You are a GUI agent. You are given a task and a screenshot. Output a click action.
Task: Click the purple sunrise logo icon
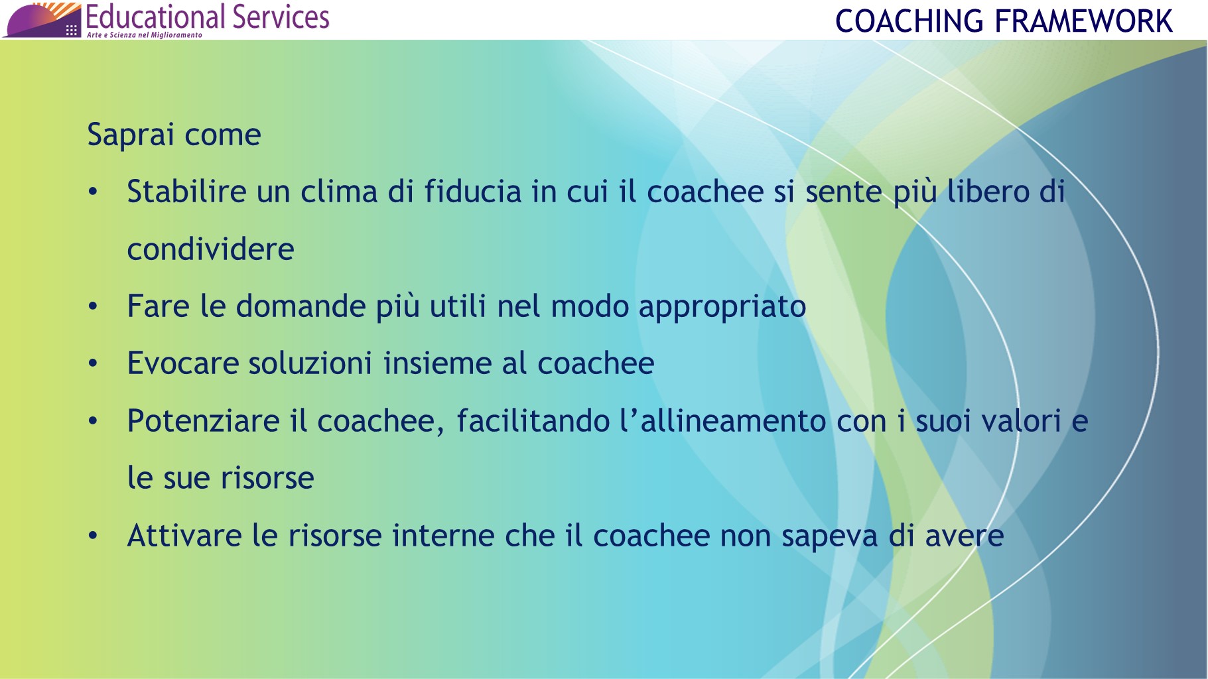click(x=42, y=21)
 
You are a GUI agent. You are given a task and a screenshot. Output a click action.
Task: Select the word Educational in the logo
click(x=155, y=17)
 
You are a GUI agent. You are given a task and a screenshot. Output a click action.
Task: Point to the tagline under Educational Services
click(x=144, y=35)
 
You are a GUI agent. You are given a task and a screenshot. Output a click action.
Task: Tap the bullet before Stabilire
click(x=93, y=192)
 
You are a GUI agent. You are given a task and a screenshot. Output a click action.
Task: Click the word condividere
click(x=210, y=249)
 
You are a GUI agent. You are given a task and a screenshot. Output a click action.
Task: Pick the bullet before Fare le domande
click(x=93, y=307)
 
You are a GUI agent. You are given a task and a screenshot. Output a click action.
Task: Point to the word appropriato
click(x=722, y=307)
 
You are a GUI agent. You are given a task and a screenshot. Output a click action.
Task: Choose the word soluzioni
click(x=310, y=363)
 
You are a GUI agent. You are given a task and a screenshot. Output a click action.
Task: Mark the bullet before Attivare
click(x=93, y=536)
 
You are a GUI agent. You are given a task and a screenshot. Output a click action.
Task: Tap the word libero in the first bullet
click(x=987, y=192)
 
